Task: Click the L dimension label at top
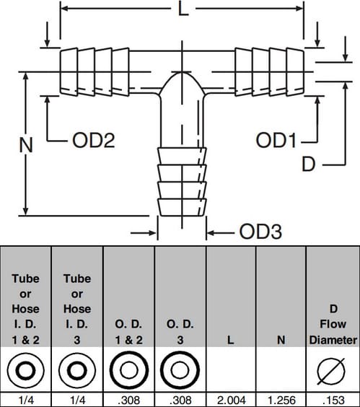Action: click(x=183, y=9)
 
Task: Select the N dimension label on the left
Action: click(x=26, y=144)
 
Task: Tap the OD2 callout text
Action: click(x=94, y=141)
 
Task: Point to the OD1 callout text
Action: click(x=276, y=141)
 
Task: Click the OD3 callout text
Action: click(x=260, y=232)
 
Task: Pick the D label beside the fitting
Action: click(x=308, y=164)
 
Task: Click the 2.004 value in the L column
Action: click(x=232, y=401)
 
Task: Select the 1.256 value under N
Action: click(x=281, y=401)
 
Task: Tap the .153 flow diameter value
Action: click(x=334, y=401)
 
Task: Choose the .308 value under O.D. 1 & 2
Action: click(x=129, y=401)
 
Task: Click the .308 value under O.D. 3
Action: click(x=180, y=401)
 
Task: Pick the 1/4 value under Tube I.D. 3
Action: click(x=77, y=401)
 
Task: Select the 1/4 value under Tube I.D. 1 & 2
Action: click(x=26, y=401)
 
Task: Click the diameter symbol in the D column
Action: click(x=331, y=371)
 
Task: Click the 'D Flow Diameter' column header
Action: click(x=333, y=324)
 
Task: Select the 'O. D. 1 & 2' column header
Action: click(x=128, y=332)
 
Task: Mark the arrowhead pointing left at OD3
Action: click(x=211, y=233)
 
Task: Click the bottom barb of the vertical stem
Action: click(x=183, y=207)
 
